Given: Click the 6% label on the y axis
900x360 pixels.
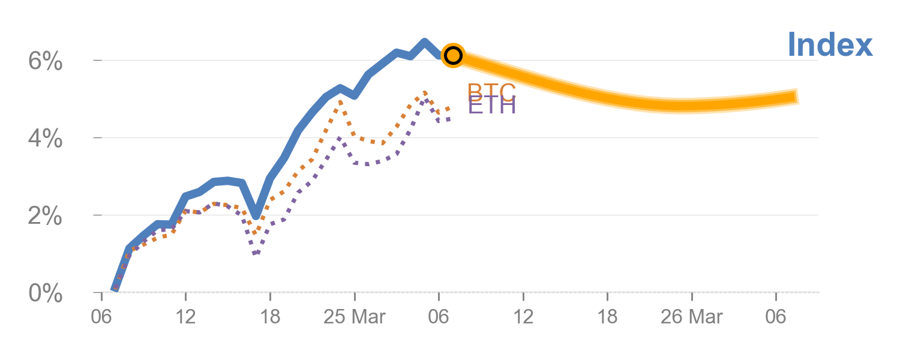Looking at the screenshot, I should click(46, 61).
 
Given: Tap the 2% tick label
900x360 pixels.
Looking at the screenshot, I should click(46, 216).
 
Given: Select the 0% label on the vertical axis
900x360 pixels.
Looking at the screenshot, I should click(46, 293).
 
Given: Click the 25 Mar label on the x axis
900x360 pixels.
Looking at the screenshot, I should click(355, 317).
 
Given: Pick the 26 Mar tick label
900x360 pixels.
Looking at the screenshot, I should click(692, 317).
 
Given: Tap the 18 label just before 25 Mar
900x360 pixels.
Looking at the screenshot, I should click(270, 317).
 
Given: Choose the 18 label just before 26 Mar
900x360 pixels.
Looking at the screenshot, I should click(607, 317).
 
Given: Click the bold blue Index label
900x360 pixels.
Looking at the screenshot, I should click(830, 46).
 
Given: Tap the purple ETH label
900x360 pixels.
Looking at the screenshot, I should click(491, 107).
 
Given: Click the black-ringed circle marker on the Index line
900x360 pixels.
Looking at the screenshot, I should click(453, 55).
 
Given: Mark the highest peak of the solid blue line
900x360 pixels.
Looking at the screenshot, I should click(424, 41).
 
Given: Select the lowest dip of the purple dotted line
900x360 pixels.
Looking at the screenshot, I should click(256, 253).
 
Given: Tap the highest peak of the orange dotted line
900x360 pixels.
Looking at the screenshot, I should click(425, 92).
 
